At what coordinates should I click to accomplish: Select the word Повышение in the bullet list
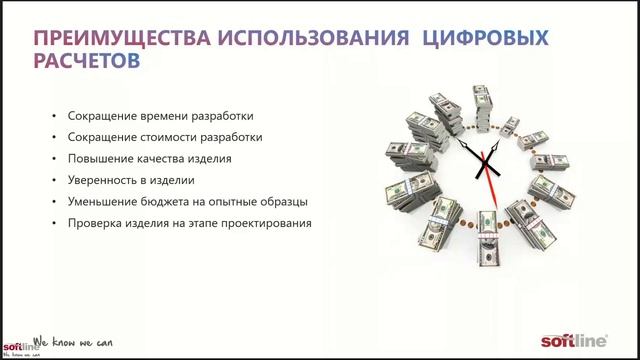96,158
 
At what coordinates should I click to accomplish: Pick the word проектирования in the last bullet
261,224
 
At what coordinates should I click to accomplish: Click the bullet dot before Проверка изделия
53,224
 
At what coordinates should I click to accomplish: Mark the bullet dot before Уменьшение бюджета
53,202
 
